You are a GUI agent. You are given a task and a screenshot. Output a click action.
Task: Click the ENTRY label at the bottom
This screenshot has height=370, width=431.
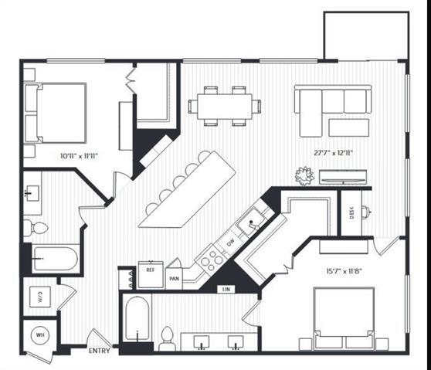pos(100,351)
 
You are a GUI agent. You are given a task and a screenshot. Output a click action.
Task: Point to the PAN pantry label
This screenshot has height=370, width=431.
pos(174,276)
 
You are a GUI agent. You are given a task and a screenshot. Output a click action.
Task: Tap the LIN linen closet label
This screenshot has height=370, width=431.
pos(227,289)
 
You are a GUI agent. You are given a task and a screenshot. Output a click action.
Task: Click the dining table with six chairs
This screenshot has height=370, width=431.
pos(224,106)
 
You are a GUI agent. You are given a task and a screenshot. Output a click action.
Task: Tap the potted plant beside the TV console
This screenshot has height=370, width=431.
pos(304,176)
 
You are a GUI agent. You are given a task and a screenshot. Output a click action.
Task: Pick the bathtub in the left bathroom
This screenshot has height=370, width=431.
pos(55,258)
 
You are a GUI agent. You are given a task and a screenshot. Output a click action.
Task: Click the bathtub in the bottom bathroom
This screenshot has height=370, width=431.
pos(137,319)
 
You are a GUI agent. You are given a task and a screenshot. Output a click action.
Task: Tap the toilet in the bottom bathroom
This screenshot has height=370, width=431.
pos(167,338)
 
